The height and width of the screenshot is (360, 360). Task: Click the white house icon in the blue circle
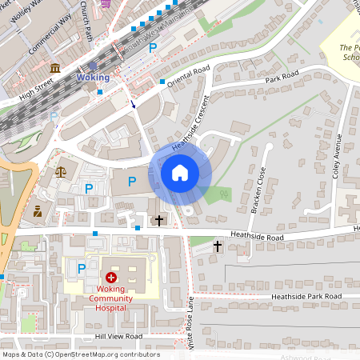point(179,172)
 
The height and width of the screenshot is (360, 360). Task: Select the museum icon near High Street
point(54,69)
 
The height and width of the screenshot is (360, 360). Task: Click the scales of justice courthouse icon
point(61,170)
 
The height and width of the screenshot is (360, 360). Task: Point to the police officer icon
point(37,211)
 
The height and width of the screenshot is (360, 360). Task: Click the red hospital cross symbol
point(111,275)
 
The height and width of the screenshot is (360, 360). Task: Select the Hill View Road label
point(118,337)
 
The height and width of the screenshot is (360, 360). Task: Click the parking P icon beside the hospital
point(82,268)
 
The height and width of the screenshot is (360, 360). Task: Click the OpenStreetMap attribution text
point(80,354)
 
